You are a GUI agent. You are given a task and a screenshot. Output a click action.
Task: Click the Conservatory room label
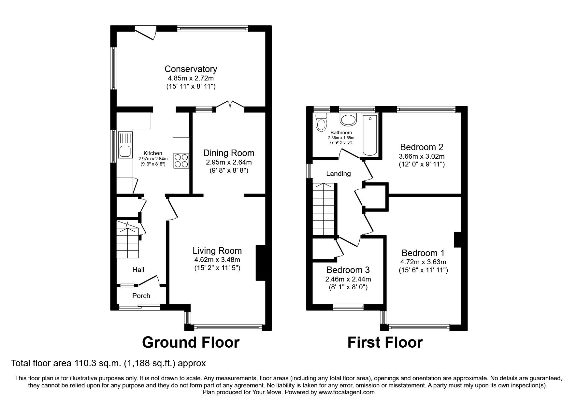(191, 69)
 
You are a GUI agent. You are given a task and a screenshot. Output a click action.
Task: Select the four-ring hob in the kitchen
(182, 161)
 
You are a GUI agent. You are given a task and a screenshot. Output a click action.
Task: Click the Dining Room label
(229, 153)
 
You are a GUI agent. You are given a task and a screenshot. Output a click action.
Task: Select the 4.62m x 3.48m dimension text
(217, 260)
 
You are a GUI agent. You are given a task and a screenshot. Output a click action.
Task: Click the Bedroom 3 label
(348, 270)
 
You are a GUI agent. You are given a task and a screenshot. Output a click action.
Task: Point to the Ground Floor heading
(191, 342)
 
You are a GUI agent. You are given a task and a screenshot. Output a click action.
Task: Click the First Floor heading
(385, 342)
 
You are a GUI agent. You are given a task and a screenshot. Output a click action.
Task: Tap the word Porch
(141, 296)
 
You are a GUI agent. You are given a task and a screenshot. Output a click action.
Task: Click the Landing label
(339, 174)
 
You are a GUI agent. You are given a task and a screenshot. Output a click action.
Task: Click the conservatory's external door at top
(146, 33)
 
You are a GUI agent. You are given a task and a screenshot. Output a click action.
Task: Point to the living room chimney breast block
(261, 263)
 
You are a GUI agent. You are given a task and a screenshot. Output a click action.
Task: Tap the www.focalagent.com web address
(347, 392)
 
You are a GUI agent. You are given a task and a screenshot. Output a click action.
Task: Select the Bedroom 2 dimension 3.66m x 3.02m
(422, 156)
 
